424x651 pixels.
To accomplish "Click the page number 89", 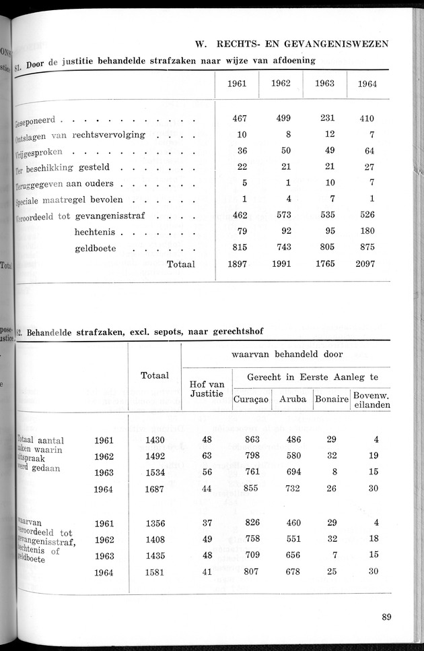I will [386, 616].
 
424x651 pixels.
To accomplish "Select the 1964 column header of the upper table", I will [367, 84].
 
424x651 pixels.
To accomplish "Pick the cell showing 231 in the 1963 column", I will [327, 118].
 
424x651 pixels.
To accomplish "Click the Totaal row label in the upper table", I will [180, 264].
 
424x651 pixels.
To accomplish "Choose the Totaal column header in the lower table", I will [155, 375].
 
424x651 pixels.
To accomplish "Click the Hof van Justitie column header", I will [207, 389].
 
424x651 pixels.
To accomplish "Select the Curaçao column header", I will [251, 399].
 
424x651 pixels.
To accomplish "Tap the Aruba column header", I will [293, 399].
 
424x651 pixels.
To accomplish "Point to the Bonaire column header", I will [330, 399].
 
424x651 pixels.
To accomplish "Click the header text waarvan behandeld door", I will [287, 354].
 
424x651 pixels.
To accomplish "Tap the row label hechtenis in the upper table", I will [97, 232].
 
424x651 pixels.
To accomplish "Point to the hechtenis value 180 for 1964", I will [367, 232].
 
